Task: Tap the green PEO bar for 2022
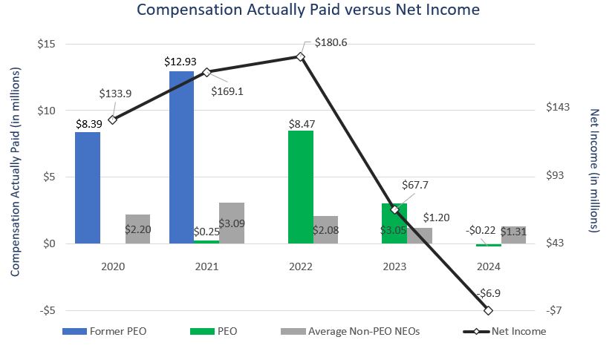301,187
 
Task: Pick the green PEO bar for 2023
394,223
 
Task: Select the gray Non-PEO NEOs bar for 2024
513,235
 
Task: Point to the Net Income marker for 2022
300,56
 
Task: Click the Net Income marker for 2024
488,310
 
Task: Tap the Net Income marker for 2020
112,120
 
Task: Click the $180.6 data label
332,42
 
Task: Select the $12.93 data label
181,62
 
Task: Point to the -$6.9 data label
488,293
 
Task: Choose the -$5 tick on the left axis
48,310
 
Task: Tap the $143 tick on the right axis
558,108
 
